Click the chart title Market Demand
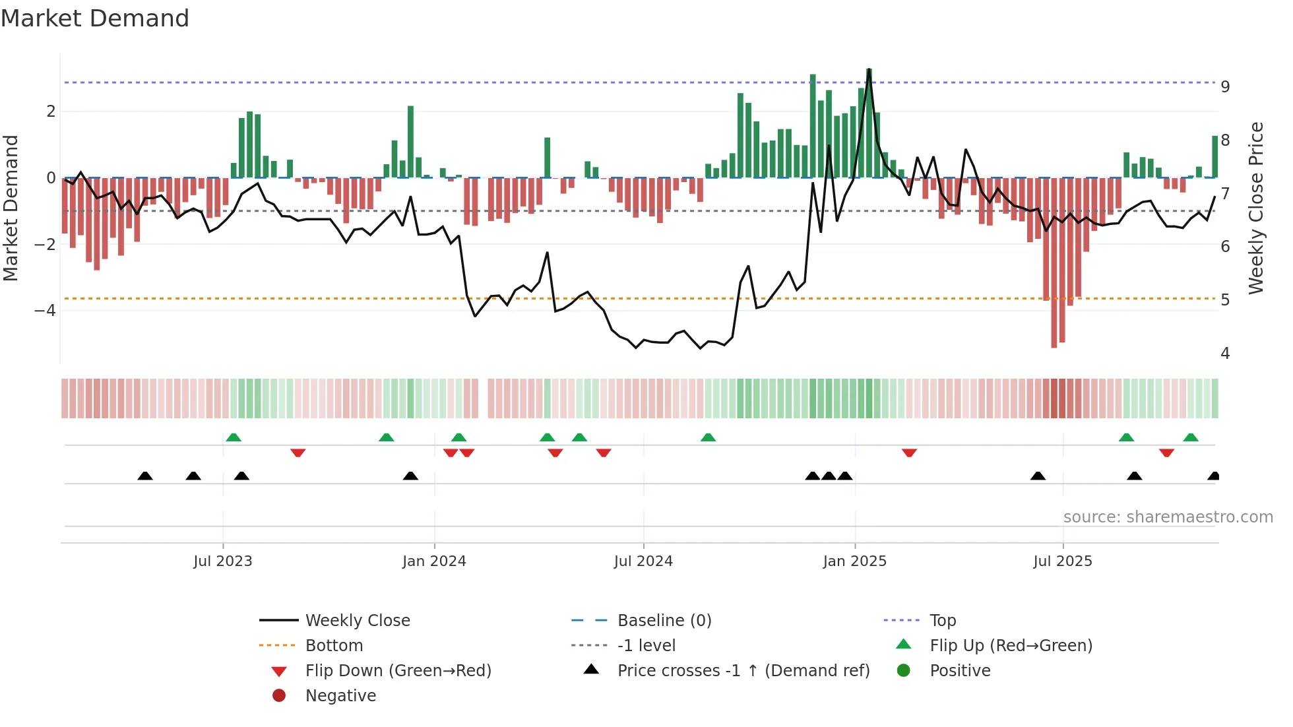click(x=95, y=18)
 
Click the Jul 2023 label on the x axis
click(x=223, y=561)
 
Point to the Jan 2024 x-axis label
click(x=434, y=561)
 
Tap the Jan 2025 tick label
click(x=855, y=561)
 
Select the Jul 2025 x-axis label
click(x=1063, y=561)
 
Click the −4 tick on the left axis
click(x=45, y=310)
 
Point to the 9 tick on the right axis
click(x=1225, y=86)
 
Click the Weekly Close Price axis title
click(x=1256, y=208)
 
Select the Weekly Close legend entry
click(x=357, y=621)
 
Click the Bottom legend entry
click(x=334, y=646)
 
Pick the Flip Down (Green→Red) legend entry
click(x=398, y=671)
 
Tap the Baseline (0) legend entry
click(x=664, y=621)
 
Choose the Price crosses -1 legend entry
click(x=743, y=671)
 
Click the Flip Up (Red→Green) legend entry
click(x=1011, y=646)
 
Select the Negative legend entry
click(x=340, y=696)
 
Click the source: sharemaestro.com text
click(x=1168, y=517)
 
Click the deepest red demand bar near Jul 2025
click(x=1054, y=264)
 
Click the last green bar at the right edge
click(x=1214, y=156)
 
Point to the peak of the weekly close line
click(x=869, y=69)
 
